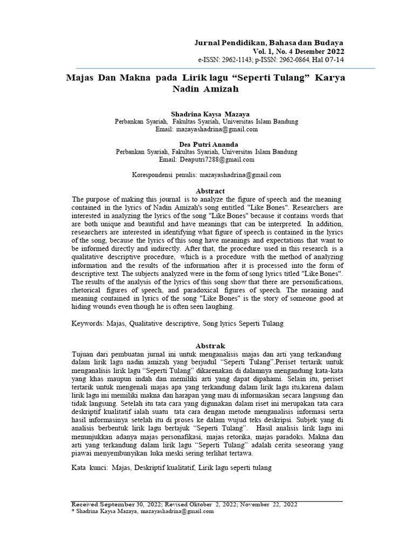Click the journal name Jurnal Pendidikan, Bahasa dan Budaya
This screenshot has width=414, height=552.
coord(268,42)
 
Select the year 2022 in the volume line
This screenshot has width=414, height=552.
coord(333,51)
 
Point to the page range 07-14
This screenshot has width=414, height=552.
coord(333,59)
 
